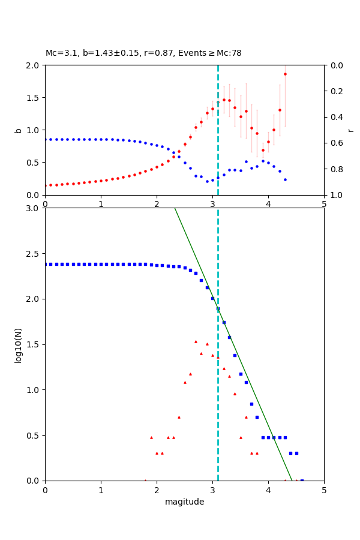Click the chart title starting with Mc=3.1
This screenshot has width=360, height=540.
coord(143,53)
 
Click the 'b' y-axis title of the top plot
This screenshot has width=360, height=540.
coord(18,130)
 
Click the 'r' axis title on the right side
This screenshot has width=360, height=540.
coord(350,130)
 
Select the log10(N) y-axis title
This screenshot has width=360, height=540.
coord(18,344)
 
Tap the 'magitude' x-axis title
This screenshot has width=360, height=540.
coord(184,502)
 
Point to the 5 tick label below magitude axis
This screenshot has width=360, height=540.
coord(324,490)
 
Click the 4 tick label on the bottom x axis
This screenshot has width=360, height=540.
coord(268,490)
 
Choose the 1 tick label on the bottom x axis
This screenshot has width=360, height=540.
coord(101,490)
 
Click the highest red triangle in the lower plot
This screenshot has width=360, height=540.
coord(196,341)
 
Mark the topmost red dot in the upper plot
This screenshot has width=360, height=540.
coord(285,74)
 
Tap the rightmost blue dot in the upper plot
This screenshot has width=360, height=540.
coord(285,179)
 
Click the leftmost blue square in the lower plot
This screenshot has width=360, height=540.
coord(46,264)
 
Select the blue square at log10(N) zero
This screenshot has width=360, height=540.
coord(302,481)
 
